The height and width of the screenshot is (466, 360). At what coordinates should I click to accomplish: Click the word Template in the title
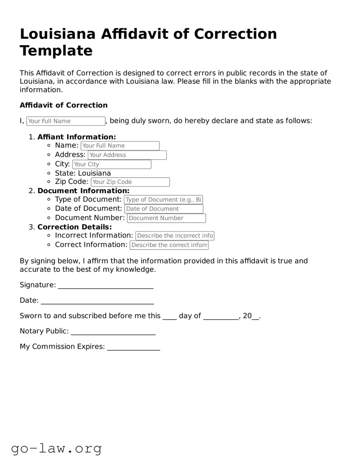(56, 51)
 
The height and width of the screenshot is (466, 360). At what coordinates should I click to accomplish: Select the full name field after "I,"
(66, 121)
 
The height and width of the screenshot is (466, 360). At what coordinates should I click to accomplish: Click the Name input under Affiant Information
(120, 146)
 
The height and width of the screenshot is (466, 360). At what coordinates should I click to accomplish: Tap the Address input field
(127, 155)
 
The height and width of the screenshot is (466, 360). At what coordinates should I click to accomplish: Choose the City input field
(111, 164)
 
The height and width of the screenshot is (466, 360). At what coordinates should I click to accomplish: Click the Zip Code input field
(130, 182)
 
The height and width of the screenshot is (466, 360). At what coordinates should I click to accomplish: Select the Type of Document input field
(163, 200)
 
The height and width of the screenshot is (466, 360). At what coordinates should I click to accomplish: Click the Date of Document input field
(164, 209)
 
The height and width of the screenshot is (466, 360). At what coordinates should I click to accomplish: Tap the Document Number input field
(166, 218)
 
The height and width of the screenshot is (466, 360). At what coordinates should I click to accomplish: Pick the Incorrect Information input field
(174, 236)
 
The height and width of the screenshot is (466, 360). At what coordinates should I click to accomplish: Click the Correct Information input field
(169, 245)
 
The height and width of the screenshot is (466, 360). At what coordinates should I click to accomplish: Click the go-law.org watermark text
(56, 449)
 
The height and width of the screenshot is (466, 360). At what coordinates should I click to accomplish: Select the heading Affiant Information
(77, 137)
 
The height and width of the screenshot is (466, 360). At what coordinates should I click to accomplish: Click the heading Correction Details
(75, 227)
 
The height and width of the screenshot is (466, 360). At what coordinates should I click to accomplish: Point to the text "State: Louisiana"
(83, 173)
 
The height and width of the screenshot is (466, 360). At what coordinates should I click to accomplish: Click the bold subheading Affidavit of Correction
(63, 105)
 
